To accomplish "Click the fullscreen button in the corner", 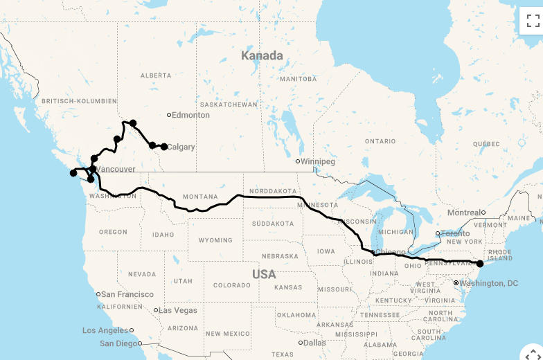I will pyautogui.click(x=532, y=20).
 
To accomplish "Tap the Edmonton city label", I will pyautogui.click(x=190, y=115).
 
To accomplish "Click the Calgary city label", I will pyautogui.click(x=181, y=147).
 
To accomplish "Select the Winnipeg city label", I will pyautogui.click(x=319, y=161).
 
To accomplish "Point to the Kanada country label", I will pyautogui.click(x=262, y=55).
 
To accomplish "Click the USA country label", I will pyautogui.click(x=264, y=274).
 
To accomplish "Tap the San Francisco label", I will pyautogui.click(x=127, y=294).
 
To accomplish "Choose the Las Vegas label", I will pyautogui.click(x=178, y=310).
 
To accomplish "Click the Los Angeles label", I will pyautogui.click(x=105, y=330).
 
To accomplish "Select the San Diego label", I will pyautogui.click(x=118, y=343).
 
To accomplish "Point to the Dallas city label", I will pyautogui.click(x=314, y=343).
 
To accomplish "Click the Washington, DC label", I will pyautogui.click(x=489, y=283).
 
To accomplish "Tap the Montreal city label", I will pyautogui.click(x=464, y=213).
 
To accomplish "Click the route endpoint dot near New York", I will pyautogui.click(x=480, y=264).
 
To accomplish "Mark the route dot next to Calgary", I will pyautogui.click(x=164, y=147).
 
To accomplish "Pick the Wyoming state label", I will pyautogui.click(x=215, y=240).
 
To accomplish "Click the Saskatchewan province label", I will pyautogui.click(x=229, y=105).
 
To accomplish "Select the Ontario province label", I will pyautogui.click(x=380, y=141).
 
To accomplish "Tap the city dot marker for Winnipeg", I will pyautogui.click(x=298, y=161).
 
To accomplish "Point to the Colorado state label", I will pyautogui.click(x=231, y=285).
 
